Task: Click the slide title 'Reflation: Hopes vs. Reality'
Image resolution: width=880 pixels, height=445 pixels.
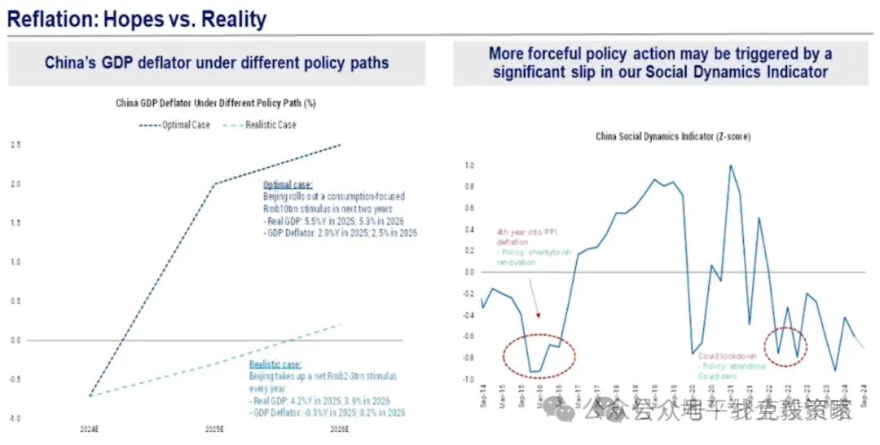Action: pyautogui.click(x=137, y=18)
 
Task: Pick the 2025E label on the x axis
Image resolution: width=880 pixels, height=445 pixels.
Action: pyautogui.click(x=214, y=430)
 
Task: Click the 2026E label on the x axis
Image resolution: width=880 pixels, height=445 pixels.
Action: pyautogui.click(x=340, y=430)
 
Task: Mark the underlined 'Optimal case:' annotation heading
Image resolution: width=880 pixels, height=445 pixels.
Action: pyautogui.click(x=287, y=185)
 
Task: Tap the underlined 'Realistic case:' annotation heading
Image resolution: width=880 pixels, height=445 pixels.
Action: pyautogui.click(x=275, y=365)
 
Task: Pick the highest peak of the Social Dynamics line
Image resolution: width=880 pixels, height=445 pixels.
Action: pyautogui.click(x=730, y=165)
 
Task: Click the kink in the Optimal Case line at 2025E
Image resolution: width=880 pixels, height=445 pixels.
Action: pyautogui.click(x=214, y=184)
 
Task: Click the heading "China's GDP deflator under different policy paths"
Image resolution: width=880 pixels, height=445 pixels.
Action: pyautogui.click(x=216, y=64)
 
